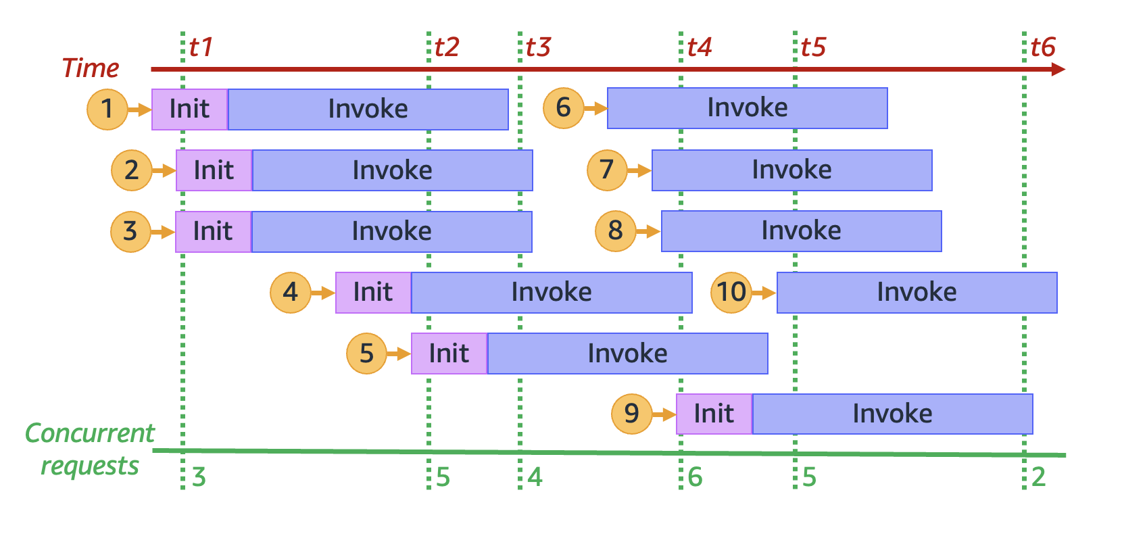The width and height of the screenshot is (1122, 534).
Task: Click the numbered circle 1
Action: click(x=107, y=109)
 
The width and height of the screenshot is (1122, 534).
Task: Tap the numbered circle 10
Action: click(x=731, y=292)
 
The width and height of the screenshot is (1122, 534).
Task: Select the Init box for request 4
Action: click(x=373, y=293)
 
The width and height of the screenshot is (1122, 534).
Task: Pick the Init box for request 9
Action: click(x=714, y=414)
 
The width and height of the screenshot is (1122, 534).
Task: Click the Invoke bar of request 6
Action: click(x=747, y=108)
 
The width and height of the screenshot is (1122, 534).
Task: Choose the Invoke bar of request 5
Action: click(x=627, y=354)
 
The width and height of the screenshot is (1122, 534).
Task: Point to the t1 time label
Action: click(x=201, y=47)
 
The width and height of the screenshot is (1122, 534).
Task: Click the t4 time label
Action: click(x=700, y=47)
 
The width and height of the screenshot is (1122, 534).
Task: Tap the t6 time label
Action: click(x=1043, y=47)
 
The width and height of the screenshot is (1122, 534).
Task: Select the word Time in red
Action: click(x=91, y=68)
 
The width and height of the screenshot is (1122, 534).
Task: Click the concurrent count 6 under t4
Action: click(x=696, y=477)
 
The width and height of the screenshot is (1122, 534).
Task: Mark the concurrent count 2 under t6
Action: click(x=1039, y=477)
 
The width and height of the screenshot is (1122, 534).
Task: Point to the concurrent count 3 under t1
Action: click(x=199, y=477)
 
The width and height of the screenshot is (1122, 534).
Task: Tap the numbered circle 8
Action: click(x=615, y=231)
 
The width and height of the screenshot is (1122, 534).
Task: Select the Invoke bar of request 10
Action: click(x=917, y=293)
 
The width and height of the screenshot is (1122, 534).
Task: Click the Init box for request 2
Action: click(x=214, y=170)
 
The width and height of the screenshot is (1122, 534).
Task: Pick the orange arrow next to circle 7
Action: click(x=639, y=170)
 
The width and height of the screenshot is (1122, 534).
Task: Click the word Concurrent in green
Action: click(x=90, y=433)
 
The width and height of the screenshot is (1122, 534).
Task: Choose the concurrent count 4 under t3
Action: click(x=535, y=477)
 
